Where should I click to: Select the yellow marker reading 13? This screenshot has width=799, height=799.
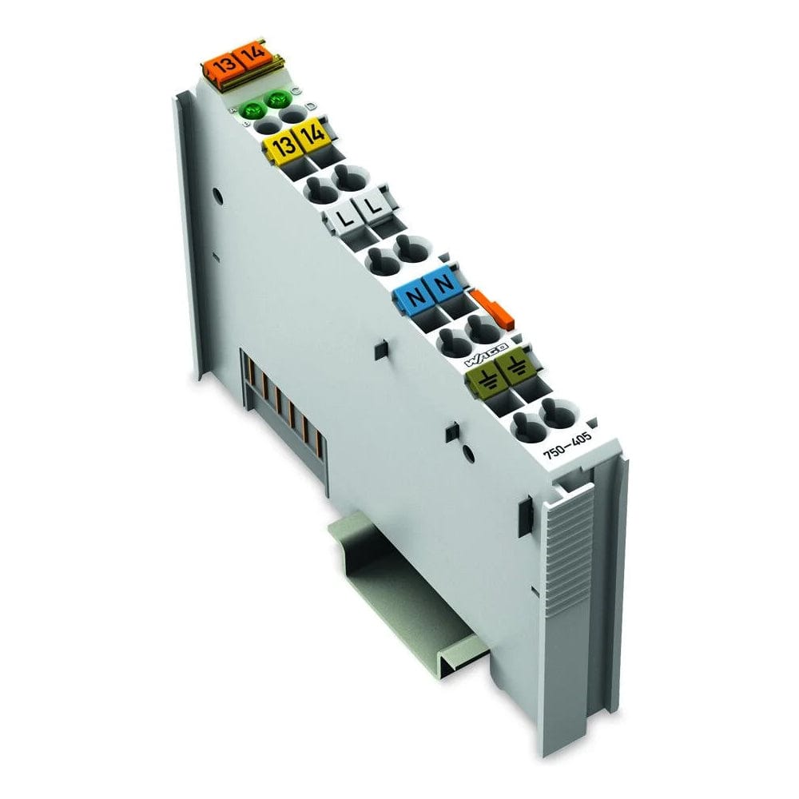[x=280, y=147]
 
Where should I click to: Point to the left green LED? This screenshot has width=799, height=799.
[x=255, y=109]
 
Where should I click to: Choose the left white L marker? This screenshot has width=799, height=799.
[x=343, y=216]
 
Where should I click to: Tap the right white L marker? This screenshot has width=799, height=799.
[x=373, y=207]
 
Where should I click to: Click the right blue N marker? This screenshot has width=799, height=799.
[x=445, y=284]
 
